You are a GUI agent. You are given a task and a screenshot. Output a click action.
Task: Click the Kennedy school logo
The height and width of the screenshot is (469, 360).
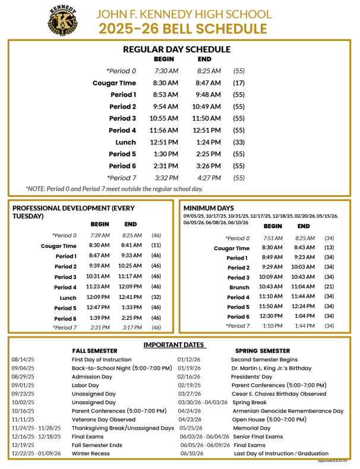62,20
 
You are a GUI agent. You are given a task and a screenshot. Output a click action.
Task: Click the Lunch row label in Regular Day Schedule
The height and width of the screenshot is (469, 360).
125,143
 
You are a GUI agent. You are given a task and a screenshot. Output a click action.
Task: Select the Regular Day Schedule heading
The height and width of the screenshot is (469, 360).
176,50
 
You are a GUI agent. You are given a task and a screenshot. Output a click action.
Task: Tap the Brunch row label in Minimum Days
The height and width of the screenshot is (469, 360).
239,287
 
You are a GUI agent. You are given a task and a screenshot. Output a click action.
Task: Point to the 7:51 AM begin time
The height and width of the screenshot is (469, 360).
273,238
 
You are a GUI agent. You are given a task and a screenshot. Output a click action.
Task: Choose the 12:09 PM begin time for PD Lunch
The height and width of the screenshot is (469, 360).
99,297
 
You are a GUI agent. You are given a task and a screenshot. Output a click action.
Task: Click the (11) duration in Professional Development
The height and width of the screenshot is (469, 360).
156,245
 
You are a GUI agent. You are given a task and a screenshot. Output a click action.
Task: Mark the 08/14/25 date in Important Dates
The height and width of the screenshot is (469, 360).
22,360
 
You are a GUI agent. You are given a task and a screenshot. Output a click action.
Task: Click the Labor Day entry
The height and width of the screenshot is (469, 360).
86,385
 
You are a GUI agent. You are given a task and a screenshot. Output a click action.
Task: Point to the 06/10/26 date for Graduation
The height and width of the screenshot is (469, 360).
191,454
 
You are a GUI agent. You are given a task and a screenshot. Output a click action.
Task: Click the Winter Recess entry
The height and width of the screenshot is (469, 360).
91,454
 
